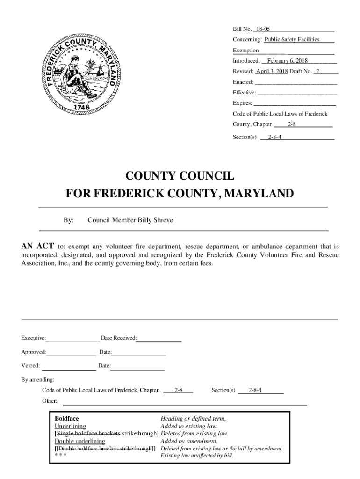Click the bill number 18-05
(x=263, y=29)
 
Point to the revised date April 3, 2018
(x=272, y=72)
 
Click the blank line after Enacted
(x=295, y=82)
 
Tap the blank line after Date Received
(x=159, y=338)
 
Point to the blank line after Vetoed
(x=68, y=366)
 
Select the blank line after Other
(x=185, y=401)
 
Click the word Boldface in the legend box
(x=67, y=419)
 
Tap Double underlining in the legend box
(x=80, y=441)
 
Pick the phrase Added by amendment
(x=188, y=441)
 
